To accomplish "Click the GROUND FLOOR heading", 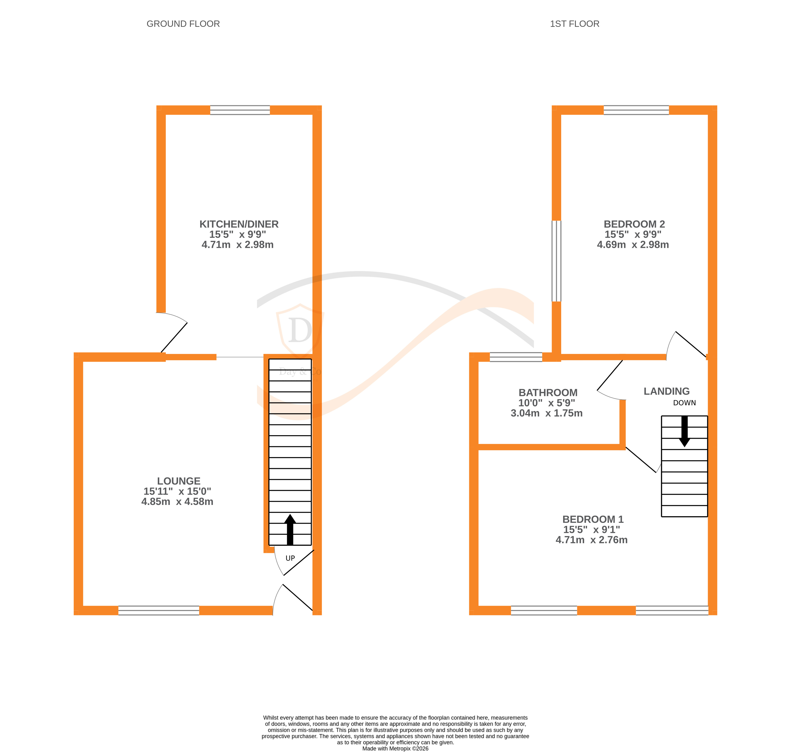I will tap(183, 24).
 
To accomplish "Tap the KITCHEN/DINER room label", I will tap(239, 224).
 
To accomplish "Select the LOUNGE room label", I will tap(178, 481).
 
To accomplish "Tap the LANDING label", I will tap(666, 391).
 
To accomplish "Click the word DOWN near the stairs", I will tap(684, 403).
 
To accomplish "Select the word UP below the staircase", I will tap(290, 558).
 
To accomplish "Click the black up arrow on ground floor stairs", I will tap(290, 530).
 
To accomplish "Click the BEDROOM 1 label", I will tap(593, 520).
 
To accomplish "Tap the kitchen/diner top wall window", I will tap(240, 110).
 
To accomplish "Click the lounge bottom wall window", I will tap(159, 610).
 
